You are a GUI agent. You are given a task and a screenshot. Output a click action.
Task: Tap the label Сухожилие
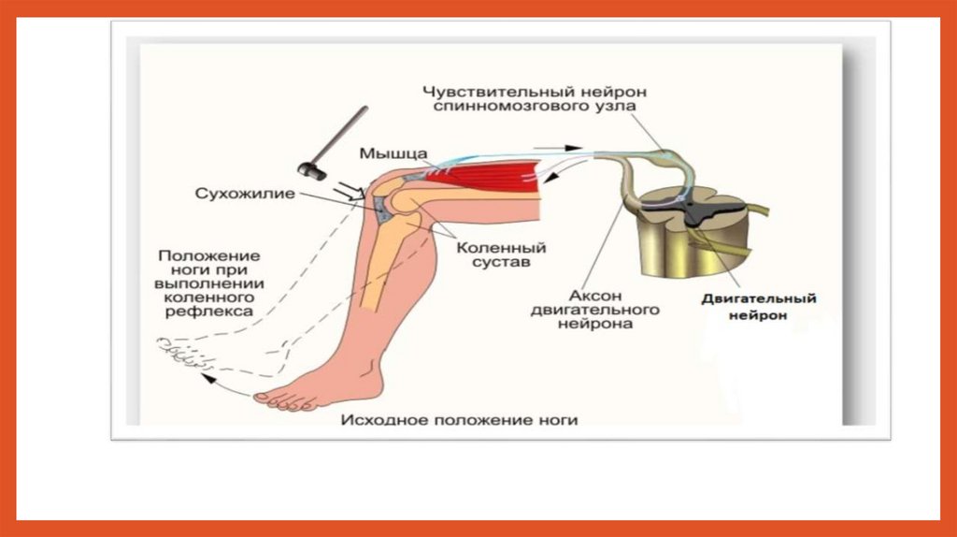pos(245,195)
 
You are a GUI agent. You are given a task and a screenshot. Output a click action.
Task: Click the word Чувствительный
pos(481,92)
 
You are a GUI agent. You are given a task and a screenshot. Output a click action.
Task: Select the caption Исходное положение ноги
pos(459,420)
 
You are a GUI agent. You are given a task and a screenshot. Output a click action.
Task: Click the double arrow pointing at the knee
pos(350,192)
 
